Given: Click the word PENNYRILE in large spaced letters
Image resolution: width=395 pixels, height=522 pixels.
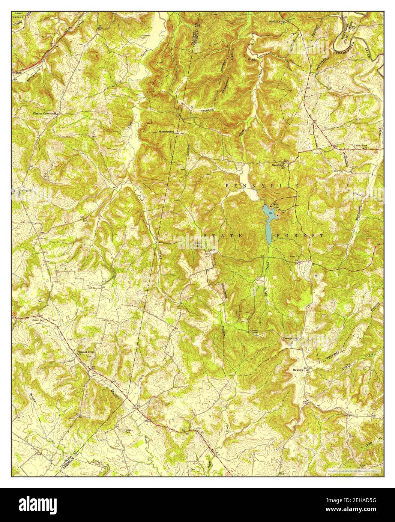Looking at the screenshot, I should (x=262, y=186).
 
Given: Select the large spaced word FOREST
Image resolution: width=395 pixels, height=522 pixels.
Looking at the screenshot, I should (x=300, y=235).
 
